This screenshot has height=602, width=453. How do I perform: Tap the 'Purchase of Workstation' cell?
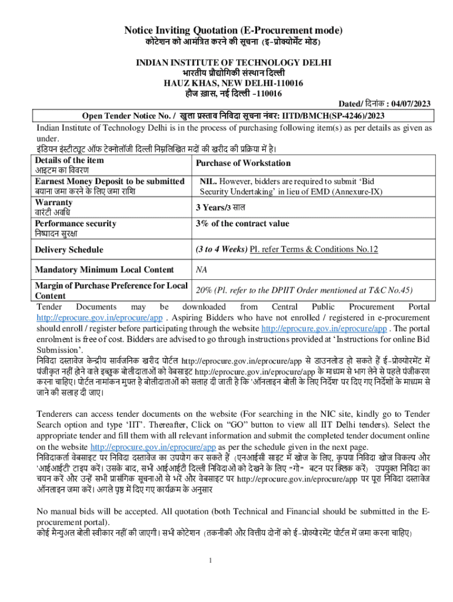243,163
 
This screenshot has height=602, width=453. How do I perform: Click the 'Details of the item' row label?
69,160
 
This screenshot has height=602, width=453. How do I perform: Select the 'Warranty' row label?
54,202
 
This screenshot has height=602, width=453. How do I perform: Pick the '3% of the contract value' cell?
242,223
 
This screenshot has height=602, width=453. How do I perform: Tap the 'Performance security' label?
75,223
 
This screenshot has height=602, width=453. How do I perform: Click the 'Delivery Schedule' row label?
69,250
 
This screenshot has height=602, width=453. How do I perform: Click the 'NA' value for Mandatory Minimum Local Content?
201,270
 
